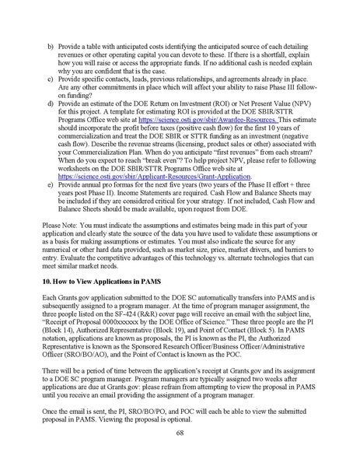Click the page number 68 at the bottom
point(180,434)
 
